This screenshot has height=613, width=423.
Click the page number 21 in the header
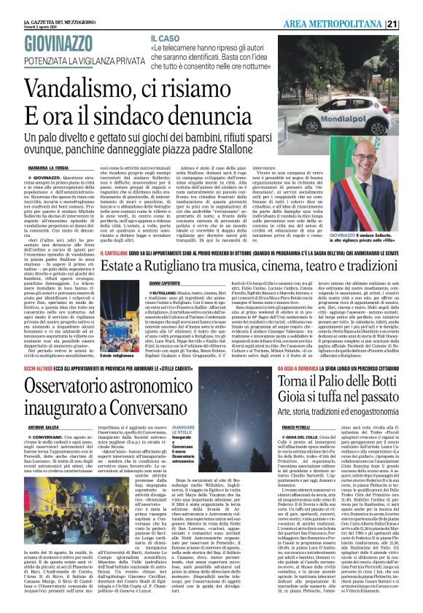click(x=412, y=24)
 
